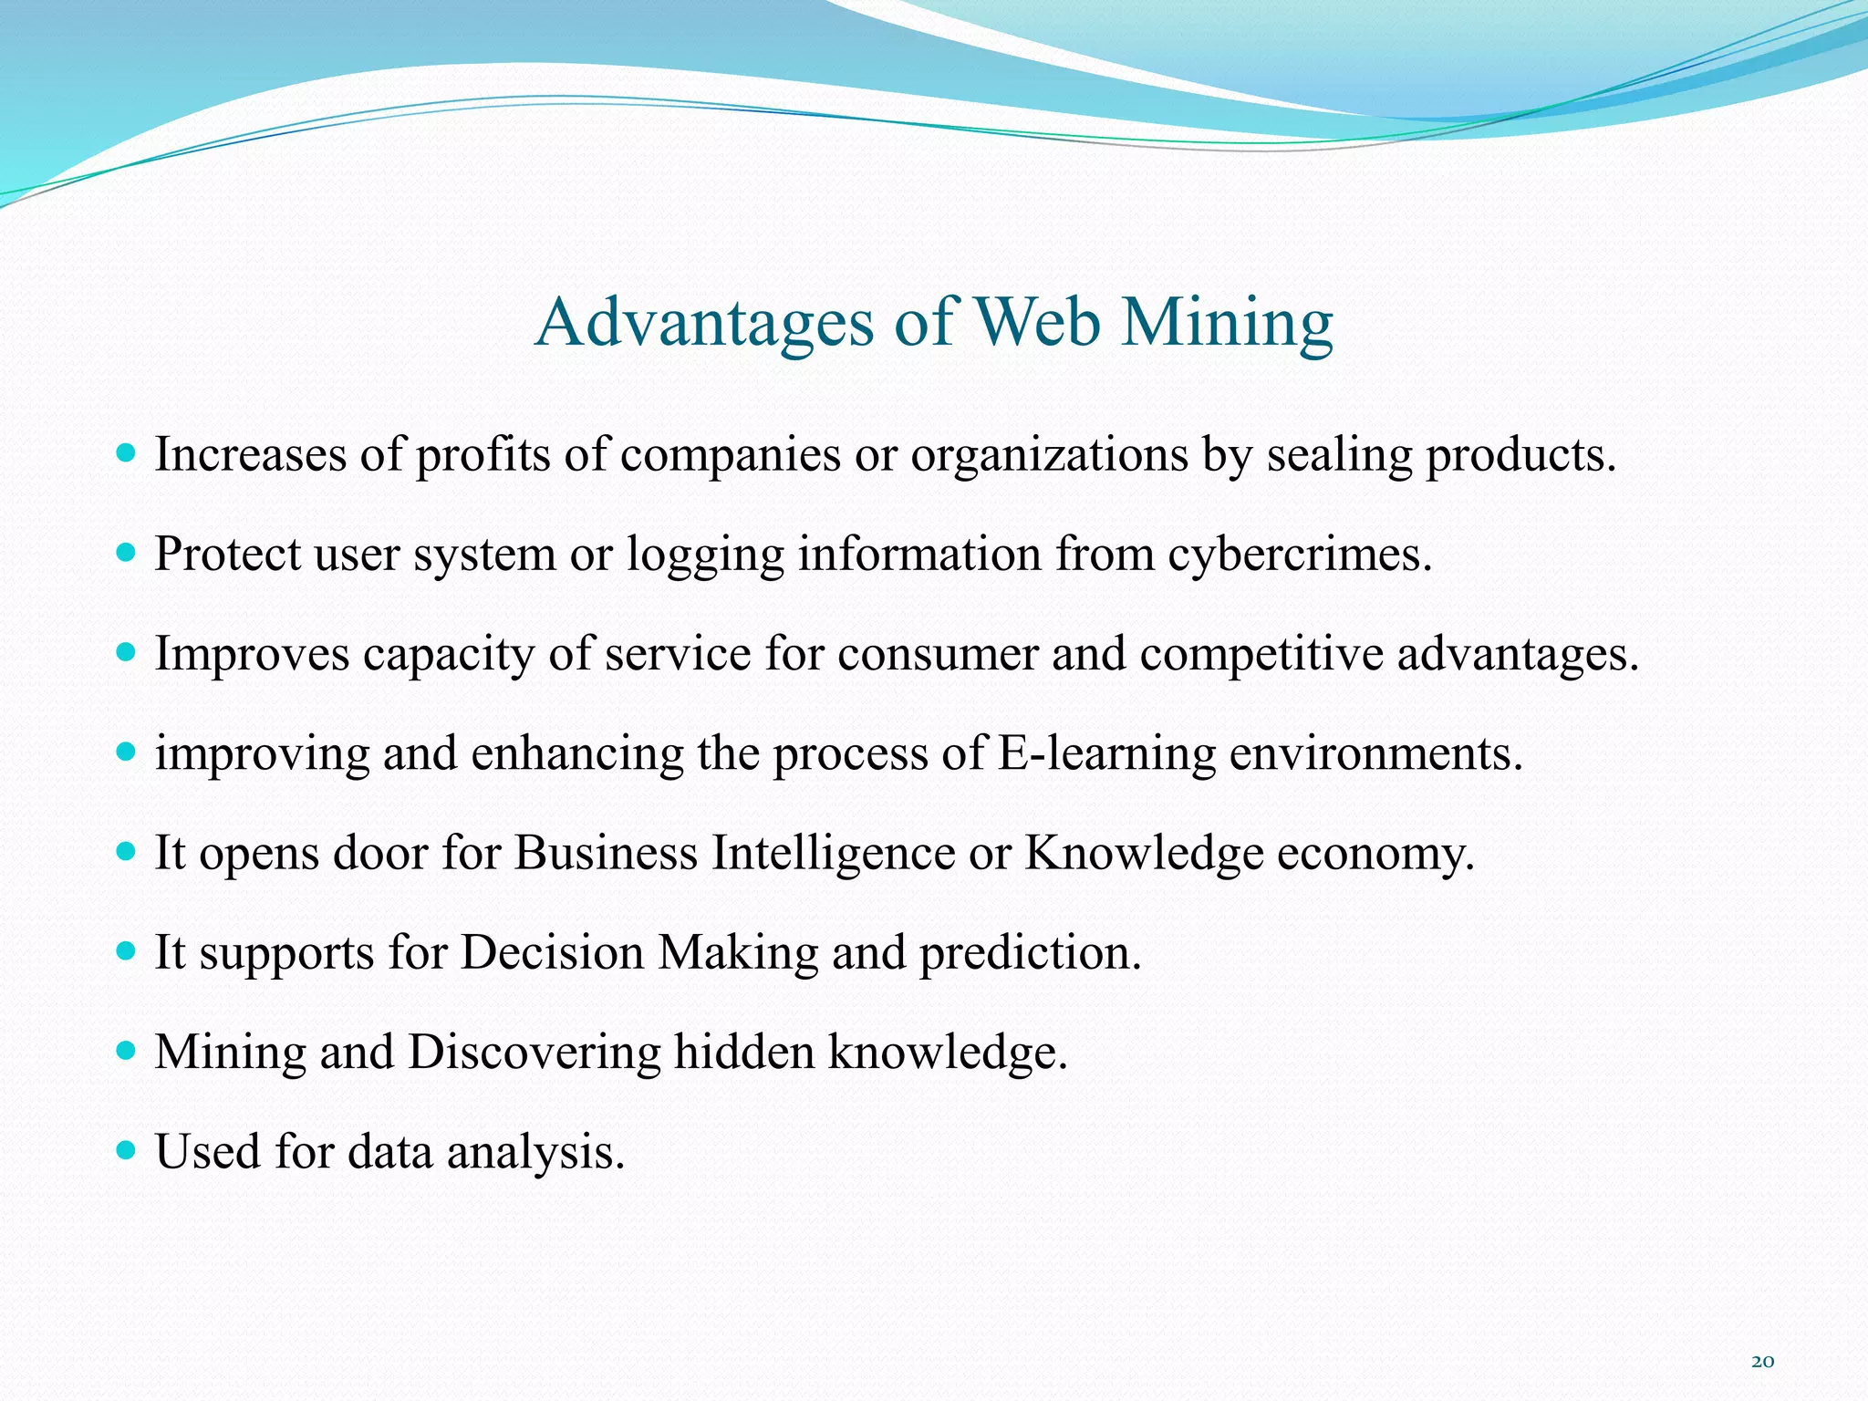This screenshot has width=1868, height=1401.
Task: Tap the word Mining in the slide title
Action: tap(1227, 323)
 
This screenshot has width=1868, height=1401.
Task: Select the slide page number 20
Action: tap(1762, 1362)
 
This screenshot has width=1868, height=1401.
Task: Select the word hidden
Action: tap(743, 1052)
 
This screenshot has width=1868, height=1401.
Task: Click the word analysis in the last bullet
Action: tap(535, 1151)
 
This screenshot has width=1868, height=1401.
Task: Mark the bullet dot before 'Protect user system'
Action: tap(127, 553)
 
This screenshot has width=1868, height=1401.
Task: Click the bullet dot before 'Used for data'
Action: tap(127, 1149)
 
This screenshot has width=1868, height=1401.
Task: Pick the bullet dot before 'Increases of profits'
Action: tap(127, 452)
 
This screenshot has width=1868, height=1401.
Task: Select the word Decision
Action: tap(552, 952)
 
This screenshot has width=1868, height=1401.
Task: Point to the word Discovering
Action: tap(534, 1052)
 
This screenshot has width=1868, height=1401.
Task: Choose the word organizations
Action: tap(1049, 454)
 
